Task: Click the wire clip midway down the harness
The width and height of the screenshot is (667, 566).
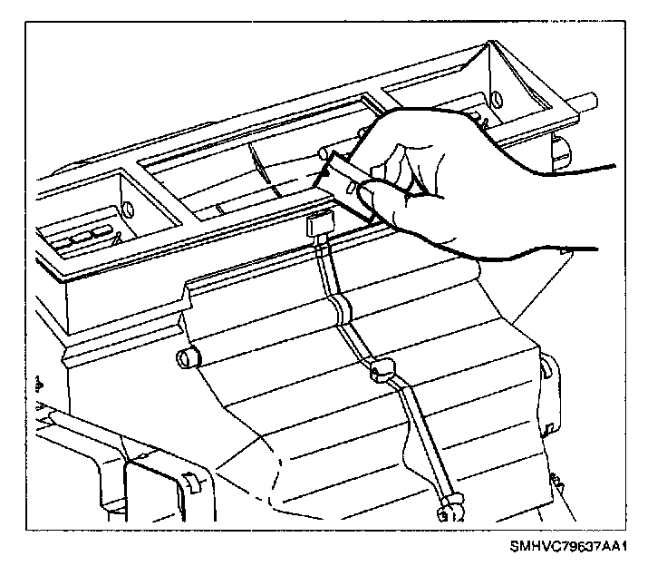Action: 380,369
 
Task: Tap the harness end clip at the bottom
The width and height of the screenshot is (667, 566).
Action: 449,512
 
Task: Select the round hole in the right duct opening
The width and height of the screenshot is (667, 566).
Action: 496,97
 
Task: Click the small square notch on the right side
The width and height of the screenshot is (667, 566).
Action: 550,427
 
